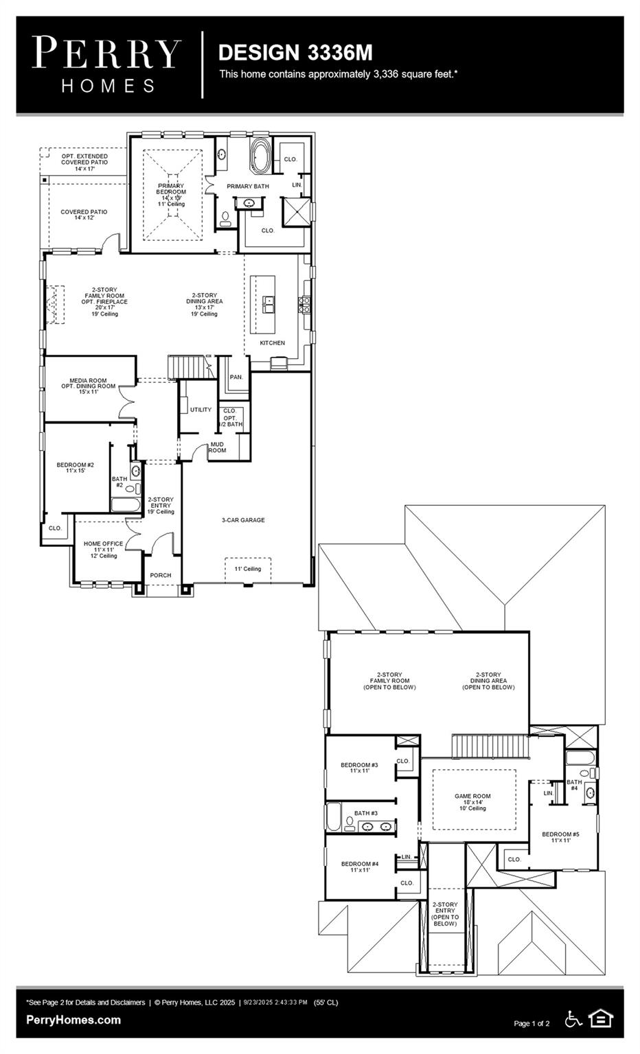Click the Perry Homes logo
(x=106, y=65)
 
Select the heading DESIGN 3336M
(x=295, y=52)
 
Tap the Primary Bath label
(x=248, y=186)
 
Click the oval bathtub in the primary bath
(x=260, y=154)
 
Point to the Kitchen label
(x=272, y=342)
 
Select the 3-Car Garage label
(x=243, y=520)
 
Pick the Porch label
(x=161, y=575)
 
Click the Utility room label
(x=201, y=410)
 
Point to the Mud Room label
(x=217, y=447)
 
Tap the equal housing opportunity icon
(x=601, y=1018)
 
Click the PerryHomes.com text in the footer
(x=73, y=1020)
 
